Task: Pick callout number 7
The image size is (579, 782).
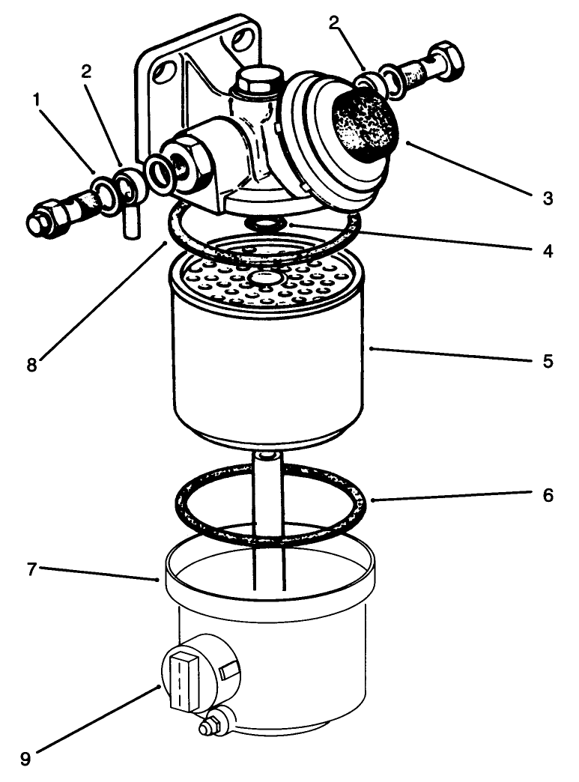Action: point(31,570)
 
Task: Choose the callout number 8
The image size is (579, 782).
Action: point(31,366)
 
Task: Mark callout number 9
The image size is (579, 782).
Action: point(25,758)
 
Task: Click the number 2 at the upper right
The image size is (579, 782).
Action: point(335,22)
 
